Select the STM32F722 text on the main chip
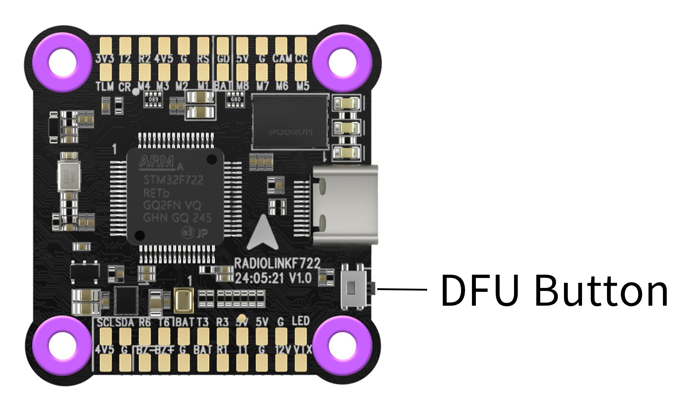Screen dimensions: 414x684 (173, 180)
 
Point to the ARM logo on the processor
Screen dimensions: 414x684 (156, 162)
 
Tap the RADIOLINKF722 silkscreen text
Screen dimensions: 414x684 (277, 264)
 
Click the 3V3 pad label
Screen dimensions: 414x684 (105, 58)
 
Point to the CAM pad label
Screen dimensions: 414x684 (282, 58)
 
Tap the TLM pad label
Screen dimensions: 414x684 (105, 87)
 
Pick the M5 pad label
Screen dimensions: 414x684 (303, 86)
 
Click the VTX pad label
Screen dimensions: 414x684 (302, 350)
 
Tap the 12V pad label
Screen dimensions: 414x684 (283, 350)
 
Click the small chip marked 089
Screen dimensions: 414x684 (153, 100)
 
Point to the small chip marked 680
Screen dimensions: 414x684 (236, 99)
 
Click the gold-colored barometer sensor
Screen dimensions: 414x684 (183, 300)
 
